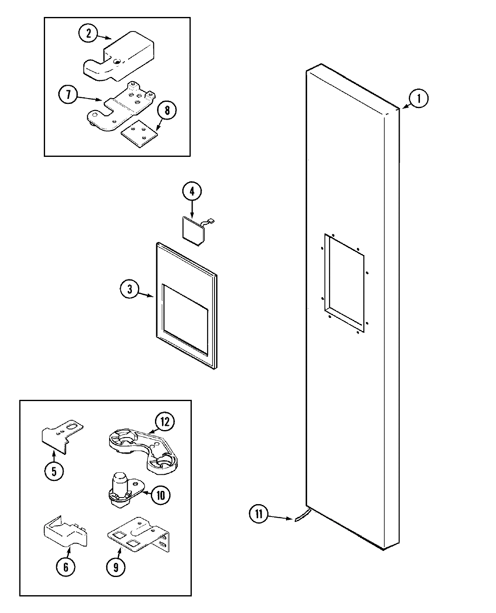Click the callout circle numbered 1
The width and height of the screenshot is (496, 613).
(x=419, y=99)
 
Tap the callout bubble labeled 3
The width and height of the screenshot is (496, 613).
(x=130, y=289)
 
